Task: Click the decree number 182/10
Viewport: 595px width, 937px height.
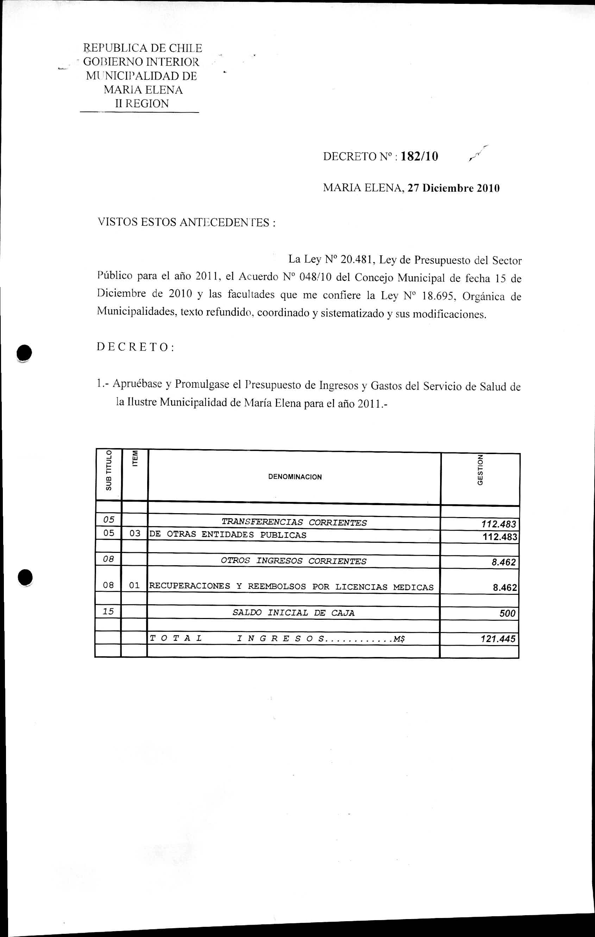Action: click(x=419, y=157)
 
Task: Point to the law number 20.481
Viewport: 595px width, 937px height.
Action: click(x=357, y=260)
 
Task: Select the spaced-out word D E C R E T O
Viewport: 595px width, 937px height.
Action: click(x=135, y=347)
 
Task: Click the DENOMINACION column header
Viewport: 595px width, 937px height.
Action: click(x=295, y=477)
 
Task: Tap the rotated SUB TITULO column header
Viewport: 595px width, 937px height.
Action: click(x=109, y=470)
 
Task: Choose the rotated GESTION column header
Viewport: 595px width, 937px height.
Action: click(x=480, y=470)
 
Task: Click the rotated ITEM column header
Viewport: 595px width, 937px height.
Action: click(x=135, y=459)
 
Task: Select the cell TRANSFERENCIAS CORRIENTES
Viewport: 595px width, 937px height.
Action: click(x=294, y=523)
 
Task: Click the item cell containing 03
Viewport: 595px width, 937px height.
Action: click(x=135, y=534)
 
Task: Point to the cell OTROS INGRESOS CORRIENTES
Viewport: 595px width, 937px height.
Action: click(x=293, y=561)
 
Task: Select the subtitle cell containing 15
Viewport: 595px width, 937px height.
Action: click(x=108, y=611)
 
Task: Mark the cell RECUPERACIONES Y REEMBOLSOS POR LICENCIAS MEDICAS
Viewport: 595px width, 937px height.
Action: click(x=291, y=587)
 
